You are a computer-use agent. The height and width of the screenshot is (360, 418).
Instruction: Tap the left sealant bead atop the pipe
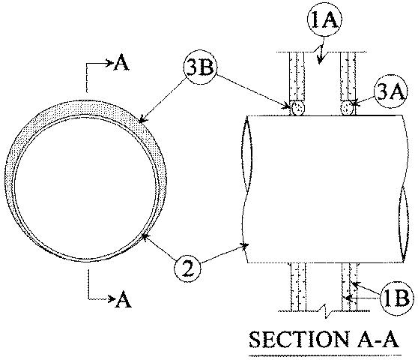click(298, 108)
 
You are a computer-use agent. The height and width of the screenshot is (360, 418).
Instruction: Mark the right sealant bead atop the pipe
click(347, 108)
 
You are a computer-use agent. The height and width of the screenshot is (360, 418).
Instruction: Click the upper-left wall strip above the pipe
click(298, 75)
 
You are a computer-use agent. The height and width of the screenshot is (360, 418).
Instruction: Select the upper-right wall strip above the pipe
click(348, 75)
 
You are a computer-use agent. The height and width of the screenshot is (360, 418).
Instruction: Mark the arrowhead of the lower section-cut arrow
click(111, 300)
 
